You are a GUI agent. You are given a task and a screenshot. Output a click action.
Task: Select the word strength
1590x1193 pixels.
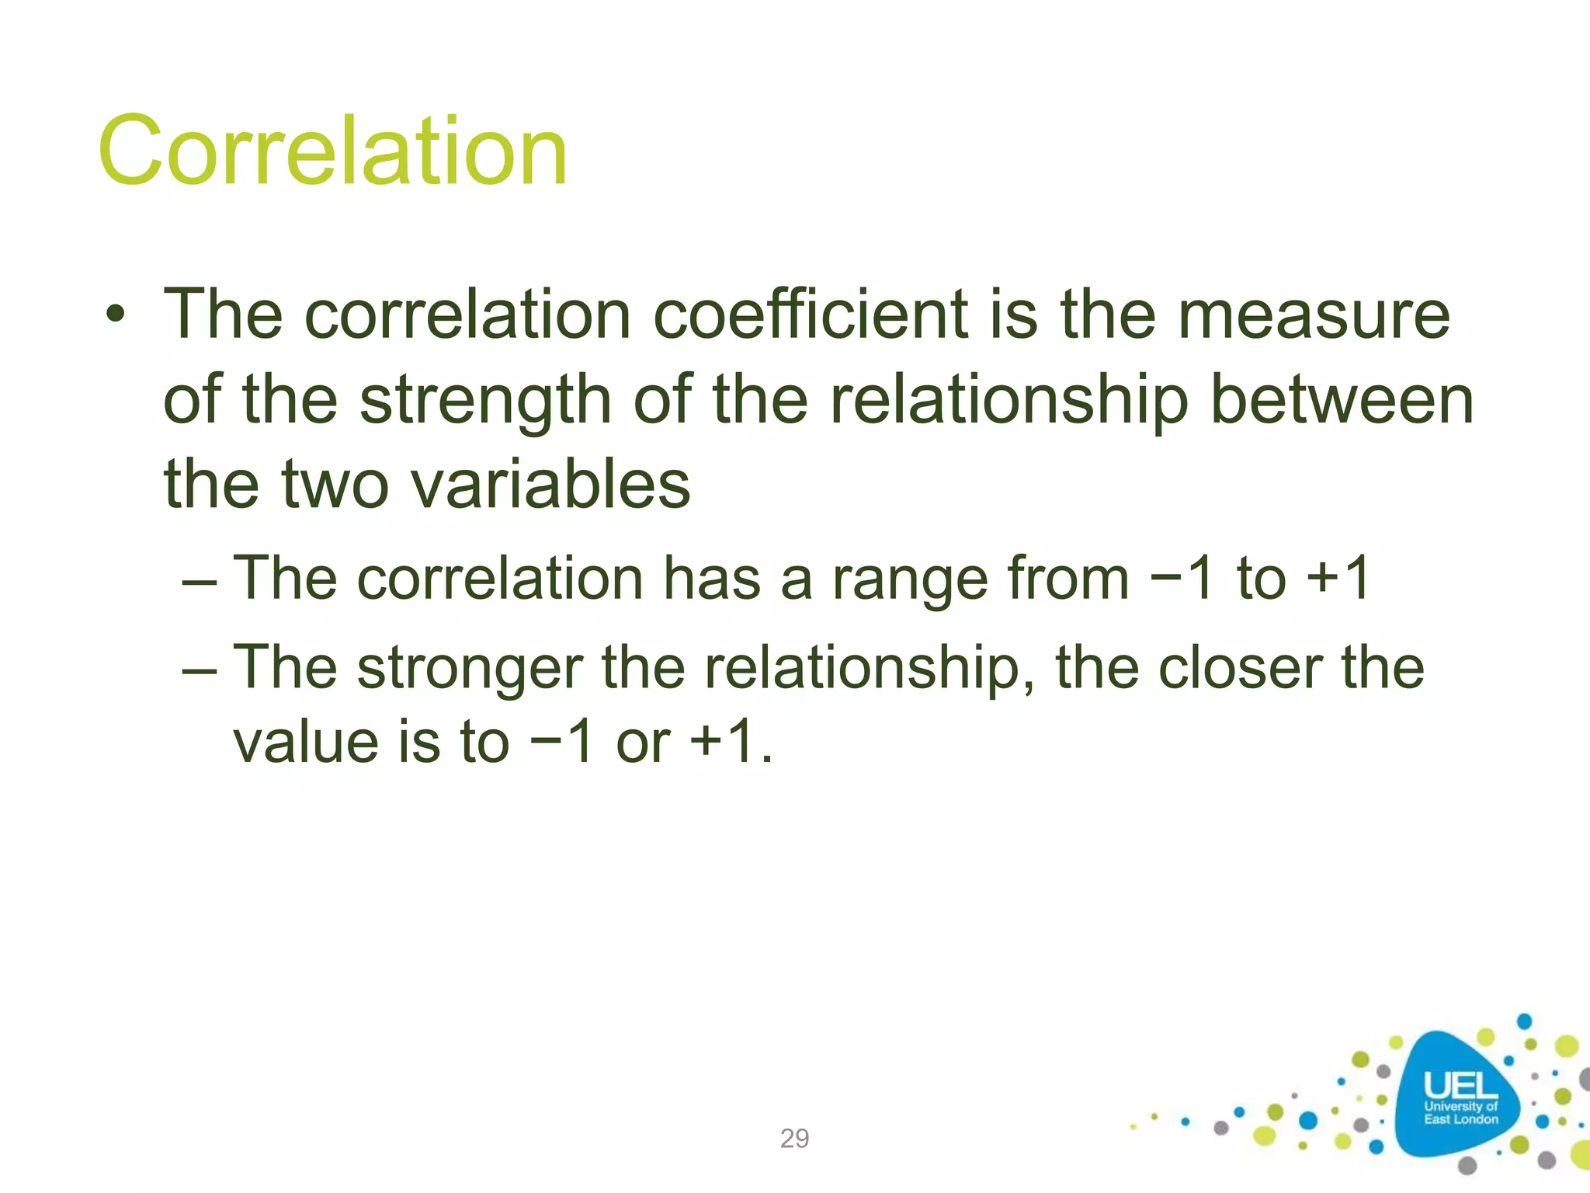tap(485, 401)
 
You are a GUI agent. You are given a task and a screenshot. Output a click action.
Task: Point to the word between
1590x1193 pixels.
tap(1342, 401)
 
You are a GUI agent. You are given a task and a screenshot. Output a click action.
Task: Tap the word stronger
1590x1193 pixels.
tap(470, 668)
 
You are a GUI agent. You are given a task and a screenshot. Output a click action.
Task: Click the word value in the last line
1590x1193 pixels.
tap(306, 742)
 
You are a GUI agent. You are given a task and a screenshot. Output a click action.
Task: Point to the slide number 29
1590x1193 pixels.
tap(794, 1139)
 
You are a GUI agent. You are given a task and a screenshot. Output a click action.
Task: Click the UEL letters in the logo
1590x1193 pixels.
tap(1460, 1085)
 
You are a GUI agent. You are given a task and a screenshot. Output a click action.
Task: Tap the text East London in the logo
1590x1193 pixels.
tap(1460, 1119)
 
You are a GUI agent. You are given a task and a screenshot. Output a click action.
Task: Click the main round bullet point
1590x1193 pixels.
tap(116, 316)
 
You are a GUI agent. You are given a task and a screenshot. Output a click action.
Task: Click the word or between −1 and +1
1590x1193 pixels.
tap(642, 742)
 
